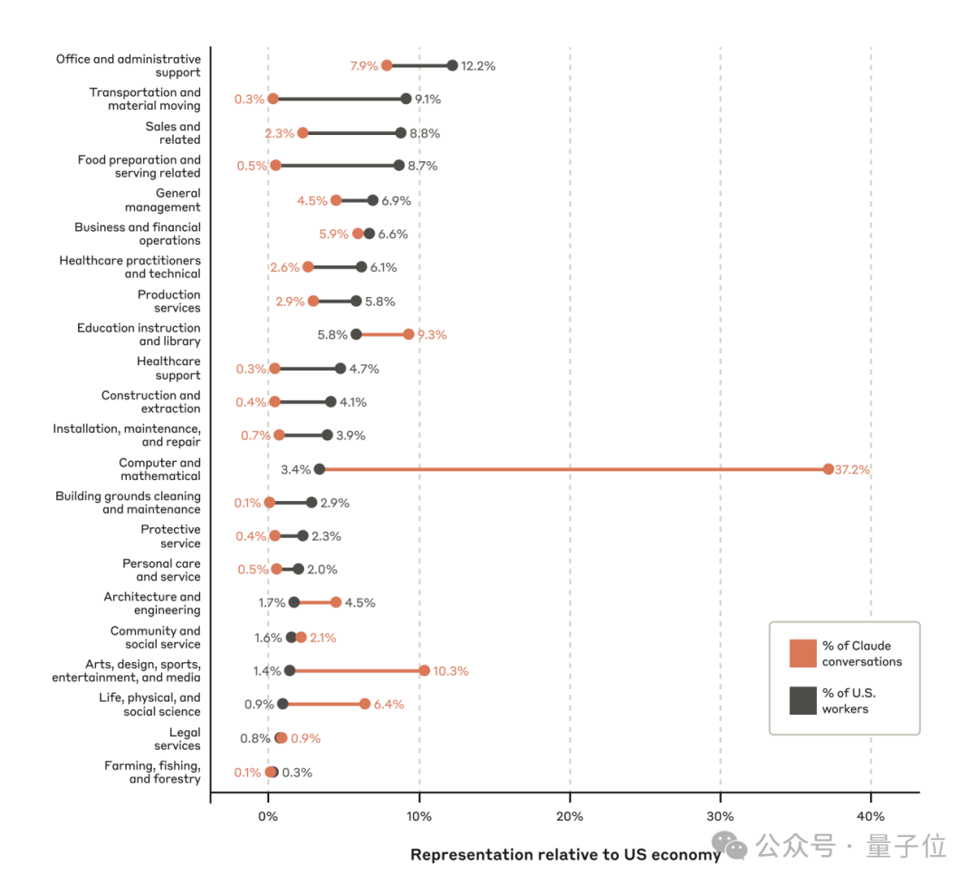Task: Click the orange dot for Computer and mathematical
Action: coord(829,469)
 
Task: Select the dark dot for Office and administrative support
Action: coord(452,65)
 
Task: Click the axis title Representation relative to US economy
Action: coord(566,854)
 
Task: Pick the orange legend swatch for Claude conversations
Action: coord(802,653)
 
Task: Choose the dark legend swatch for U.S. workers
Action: coord(802,700)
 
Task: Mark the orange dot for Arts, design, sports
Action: coord(424,670)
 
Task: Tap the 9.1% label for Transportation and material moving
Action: coord(428,99)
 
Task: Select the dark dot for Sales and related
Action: coord(400,133)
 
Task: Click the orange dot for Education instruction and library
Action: coord(408,334)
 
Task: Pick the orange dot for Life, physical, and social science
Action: coord(364,704)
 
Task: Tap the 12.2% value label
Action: coord(478,65)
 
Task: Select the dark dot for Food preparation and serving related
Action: coord(398,166)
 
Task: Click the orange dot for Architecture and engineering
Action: coord(336,602)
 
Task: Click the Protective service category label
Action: coord(170,536)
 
